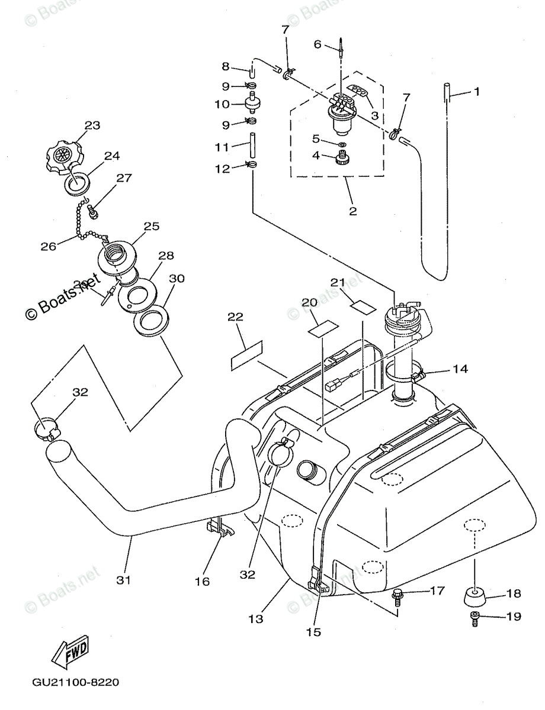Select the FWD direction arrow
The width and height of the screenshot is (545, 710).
coord(70,653)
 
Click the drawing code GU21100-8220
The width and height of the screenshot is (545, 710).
coord(72,682)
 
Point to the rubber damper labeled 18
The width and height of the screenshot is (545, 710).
coord(475,596)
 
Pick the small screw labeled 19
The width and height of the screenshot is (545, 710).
coord(475,619)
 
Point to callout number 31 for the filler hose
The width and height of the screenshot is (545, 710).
coord(123,580)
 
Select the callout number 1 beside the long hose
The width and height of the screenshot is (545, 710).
coord(476,92)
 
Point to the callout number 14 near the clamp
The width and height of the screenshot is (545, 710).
coord(460,369)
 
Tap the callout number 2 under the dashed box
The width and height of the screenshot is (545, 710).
coord(353,211)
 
